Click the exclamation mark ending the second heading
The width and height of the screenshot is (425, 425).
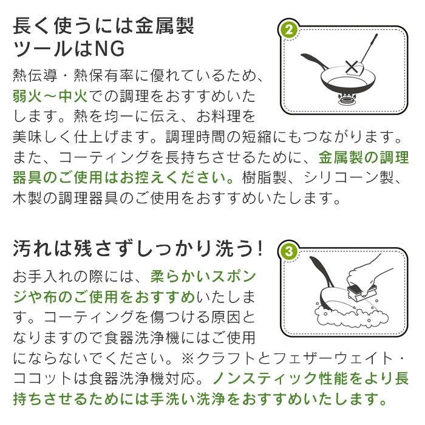[259, 248]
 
